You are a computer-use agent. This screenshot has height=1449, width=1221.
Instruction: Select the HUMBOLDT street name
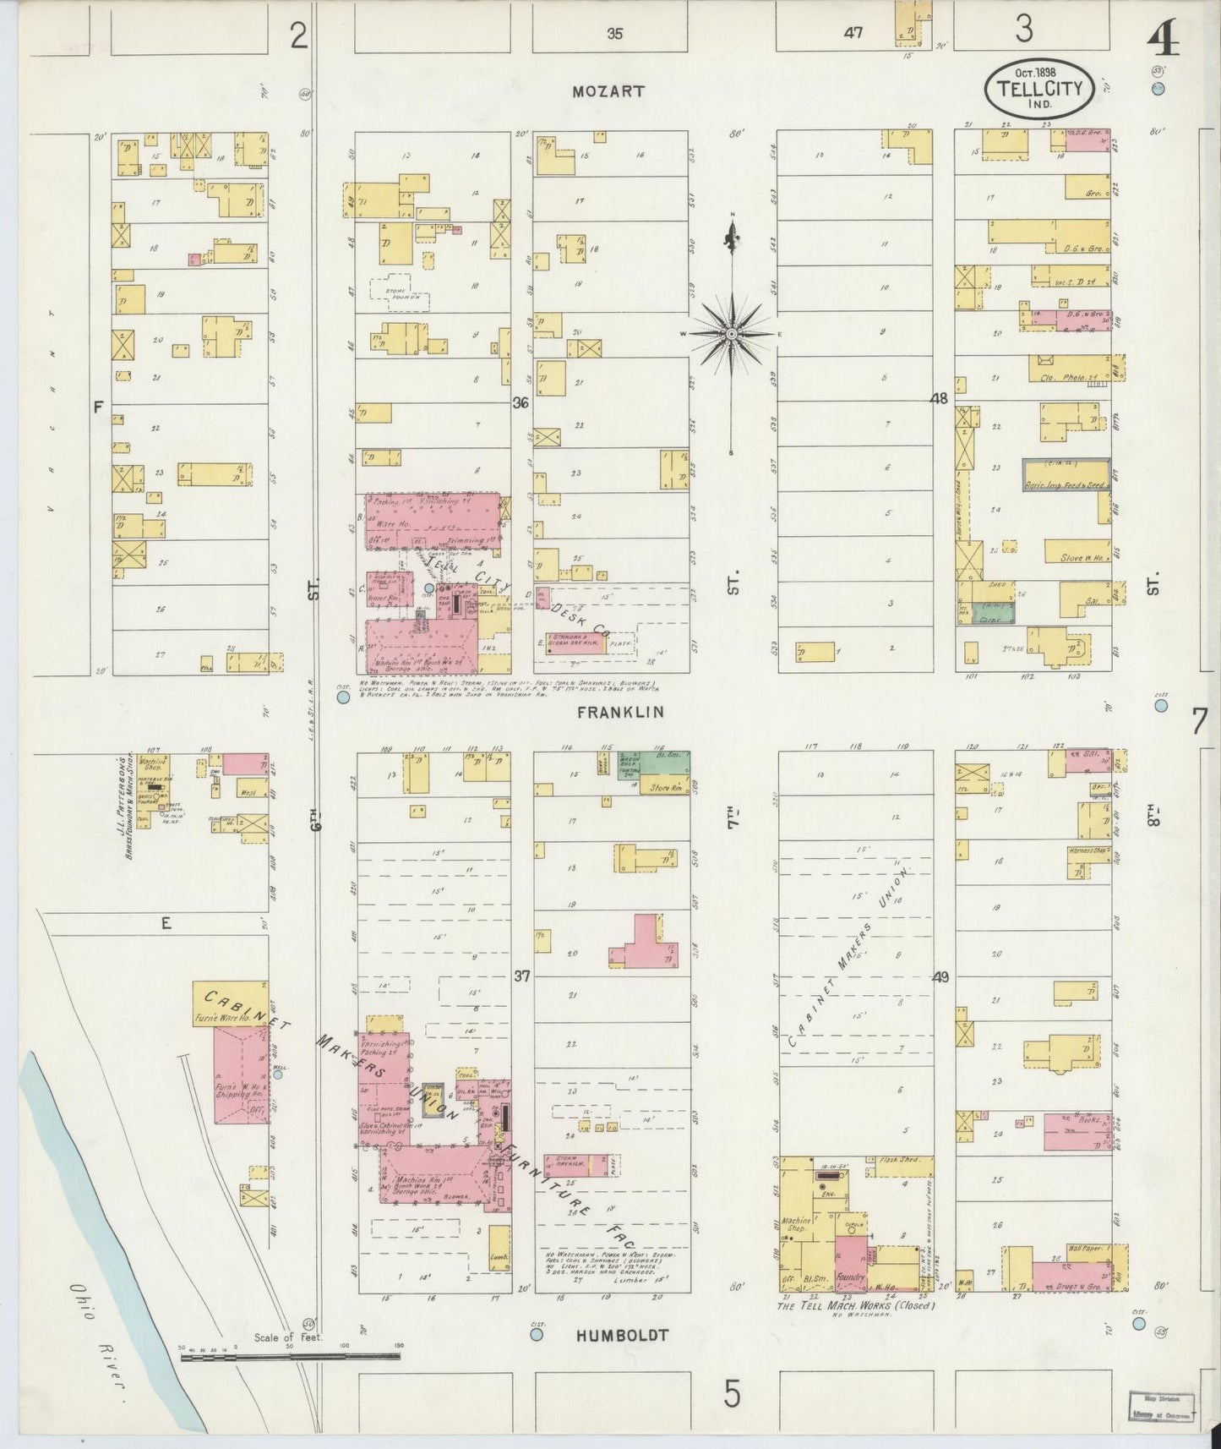coord(623,1335)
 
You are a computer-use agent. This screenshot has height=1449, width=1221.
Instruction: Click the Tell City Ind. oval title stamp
coord(1038,88)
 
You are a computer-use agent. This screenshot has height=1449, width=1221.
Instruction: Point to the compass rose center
coord(732,335)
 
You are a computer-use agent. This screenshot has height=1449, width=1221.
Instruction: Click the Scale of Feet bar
coord(292,1357)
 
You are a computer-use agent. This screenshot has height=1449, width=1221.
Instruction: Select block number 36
coord(521,404)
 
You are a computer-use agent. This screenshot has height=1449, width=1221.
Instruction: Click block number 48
coord(939,398)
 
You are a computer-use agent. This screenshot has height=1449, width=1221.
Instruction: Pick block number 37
coord(521,976)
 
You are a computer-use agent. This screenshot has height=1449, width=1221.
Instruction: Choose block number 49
coord(940,977)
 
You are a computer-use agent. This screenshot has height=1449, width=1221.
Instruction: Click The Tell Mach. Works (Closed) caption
coord(856,1305)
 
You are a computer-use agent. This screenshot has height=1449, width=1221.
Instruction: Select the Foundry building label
coord(851,1277)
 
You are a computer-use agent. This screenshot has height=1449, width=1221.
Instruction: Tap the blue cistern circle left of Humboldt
coord(535,1336)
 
